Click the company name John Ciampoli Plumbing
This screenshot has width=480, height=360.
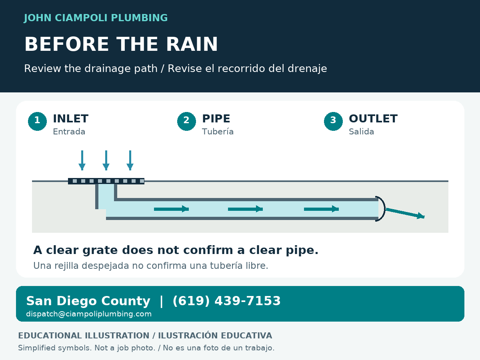click(x=96, y=18)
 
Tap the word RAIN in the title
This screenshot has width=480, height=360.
click(x=192, y=44)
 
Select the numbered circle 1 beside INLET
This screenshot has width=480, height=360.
click(x=37, y=121)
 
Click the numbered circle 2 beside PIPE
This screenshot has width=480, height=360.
click(x=186, y=121)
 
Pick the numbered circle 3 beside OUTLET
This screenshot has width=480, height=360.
click(x=333, y=121)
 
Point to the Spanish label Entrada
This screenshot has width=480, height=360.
click(x=69, y=132)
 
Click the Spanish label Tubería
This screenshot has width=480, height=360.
click(x=218, y=132)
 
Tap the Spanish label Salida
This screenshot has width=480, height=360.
click(x=361, y=132)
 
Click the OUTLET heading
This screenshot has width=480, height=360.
click(x=373, y=119)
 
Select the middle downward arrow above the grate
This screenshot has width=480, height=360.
click(x=106, y=160)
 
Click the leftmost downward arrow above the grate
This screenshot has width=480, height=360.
click(x=82, y=160)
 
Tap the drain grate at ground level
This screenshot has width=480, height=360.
click(x=106, y=181)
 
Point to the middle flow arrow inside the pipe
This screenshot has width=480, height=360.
click(x=245, y=209)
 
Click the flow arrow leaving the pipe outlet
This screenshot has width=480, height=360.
click(x=405, y=213)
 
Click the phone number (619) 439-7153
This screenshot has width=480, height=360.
click(x=226, y=301)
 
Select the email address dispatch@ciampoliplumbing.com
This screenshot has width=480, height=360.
click(x=89, y=314)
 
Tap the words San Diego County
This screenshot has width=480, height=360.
click(x=88, y=301)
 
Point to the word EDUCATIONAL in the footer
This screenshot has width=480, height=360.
click(x=50, y=336)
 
